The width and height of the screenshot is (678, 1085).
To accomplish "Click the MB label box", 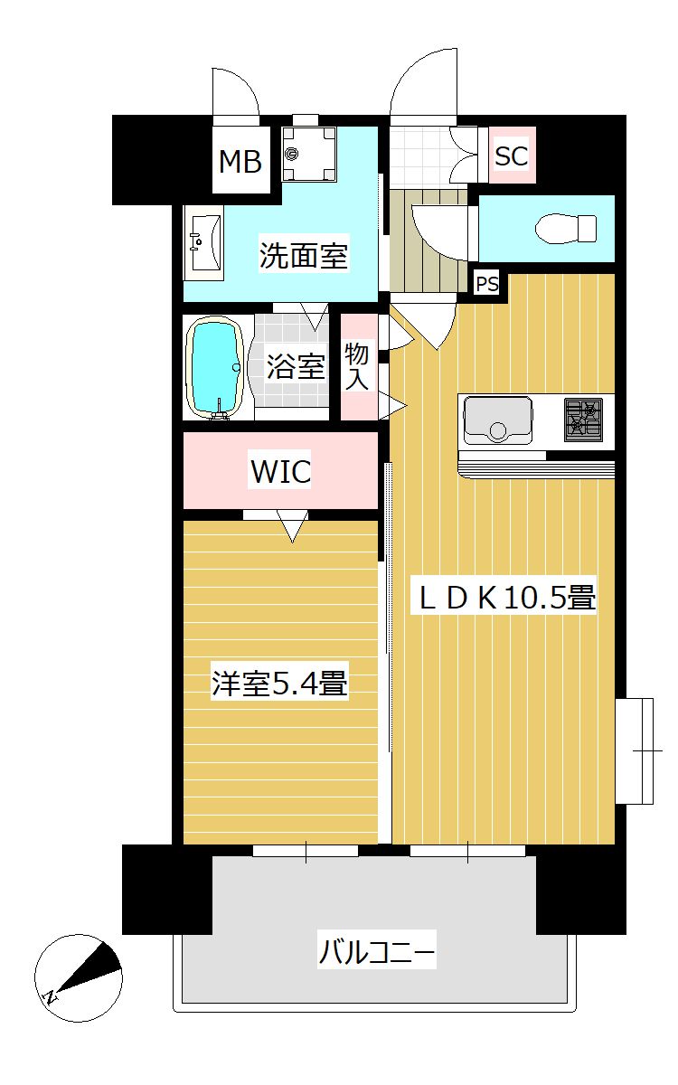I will click(240, 162).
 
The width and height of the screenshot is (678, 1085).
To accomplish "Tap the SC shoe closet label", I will click(511, 156).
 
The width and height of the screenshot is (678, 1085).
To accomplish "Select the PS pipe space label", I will click(487, 284).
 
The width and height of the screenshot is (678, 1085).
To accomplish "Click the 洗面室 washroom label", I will click(303, 256).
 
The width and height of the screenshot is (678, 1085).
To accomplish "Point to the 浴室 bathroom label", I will click(296, 366).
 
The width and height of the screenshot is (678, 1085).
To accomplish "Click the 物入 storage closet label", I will click(357, 367).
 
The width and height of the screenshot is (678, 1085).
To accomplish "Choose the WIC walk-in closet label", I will click(280, 471).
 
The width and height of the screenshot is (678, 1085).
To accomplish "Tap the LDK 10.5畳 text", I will click(504, 598).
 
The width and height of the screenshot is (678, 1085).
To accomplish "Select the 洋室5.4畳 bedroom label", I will click(280, 683).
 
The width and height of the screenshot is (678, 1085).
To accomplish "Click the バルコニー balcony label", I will click(377, 952).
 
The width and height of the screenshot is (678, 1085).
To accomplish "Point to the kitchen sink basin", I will click(498, 420).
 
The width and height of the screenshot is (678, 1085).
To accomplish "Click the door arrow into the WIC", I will click(291, 526).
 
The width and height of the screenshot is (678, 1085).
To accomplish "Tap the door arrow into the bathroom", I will click(315, 316).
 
